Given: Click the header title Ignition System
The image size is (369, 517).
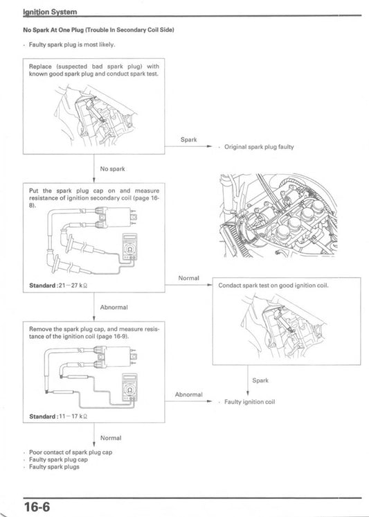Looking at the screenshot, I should tap(50, 12).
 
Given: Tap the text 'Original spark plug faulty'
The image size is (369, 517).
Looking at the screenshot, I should tap(259, 148).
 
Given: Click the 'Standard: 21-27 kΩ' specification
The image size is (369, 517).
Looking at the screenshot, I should tap(64, 285).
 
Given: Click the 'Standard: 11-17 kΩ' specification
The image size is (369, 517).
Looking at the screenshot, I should tap(64, 416).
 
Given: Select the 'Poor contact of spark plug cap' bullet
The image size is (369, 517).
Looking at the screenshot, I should tap(72, 452).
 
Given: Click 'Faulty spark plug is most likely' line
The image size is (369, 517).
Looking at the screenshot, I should tap(72, 44).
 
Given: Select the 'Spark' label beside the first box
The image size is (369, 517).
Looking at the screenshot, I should tap(188, 139).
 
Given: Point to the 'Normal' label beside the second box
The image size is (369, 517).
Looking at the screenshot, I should tap(188, 278).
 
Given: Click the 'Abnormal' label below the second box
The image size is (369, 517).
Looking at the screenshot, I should tap(114, 306).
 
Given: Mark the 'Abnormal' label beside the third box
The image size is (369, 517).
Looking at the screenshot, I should tap(188, 394).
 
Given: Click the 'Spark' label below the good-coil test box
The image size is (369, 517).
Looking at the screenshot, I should tap(260, 380).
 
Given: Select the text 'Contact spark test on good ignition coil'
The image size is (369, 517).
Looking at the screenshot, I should tap(273, 286).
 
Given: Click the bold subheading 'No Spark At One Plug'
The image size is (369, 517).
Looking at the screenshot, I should tap(98, 30).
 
